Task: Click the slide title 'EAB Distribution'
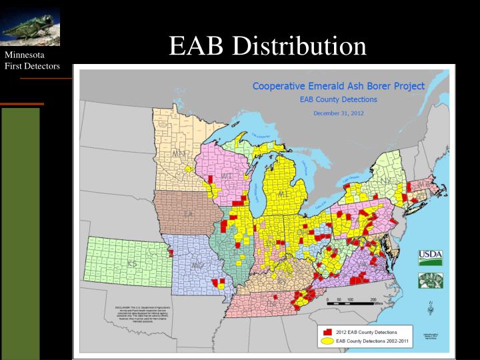click(x=267, y=45)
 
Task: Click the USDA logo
click(x=430, y=257)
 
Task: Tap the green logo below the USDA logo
click(x=430, y=281)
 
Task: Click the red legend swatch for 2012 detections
click(x=327, y=331)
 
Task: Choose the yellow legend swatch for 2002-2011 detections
click(x=327, y=341)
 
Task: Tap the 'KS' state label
click(x=131, y=263)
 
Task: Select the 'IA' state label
click(x=188, y=213)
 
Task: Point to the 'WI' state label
click(x=227, y=176)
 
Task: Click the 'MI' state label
click(x=283, y=193)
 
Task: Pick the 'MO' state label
click(x=197, y=265)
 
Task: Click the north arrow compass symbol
click(x=431, y=307)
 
